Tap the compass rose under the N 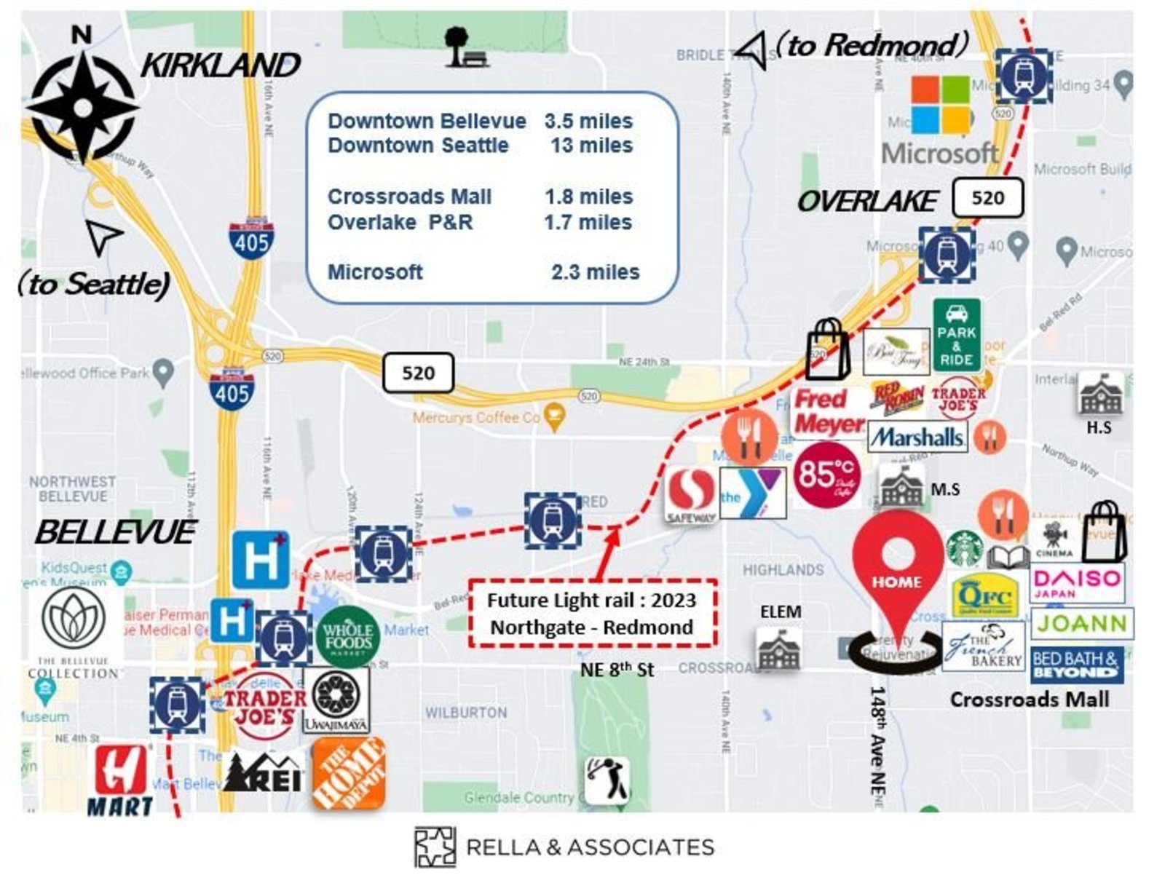click(82, 108)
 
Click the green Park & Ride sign click(956, 336)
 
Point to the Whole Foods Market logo click(348, 636)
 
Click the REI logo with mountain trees click(263, 773)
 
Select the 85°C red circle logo click(826, 475)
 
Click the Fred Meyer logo click(829, 411)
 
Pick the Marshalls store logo click(917, 437)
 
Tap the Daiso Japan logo click(1077, 583)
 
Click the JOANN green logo click(1081, 624)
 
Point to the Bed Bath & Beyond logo click(1076, 665)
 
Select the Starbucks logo click(965, 549)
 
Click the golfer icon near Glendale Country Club click(607, 780)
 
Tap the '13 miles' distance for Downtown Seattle click(591, 146)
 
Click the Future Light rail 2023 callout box click(592, 614)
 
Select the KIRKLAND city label click(220, 66)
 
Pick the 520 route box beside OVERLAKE click(987, 198)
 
